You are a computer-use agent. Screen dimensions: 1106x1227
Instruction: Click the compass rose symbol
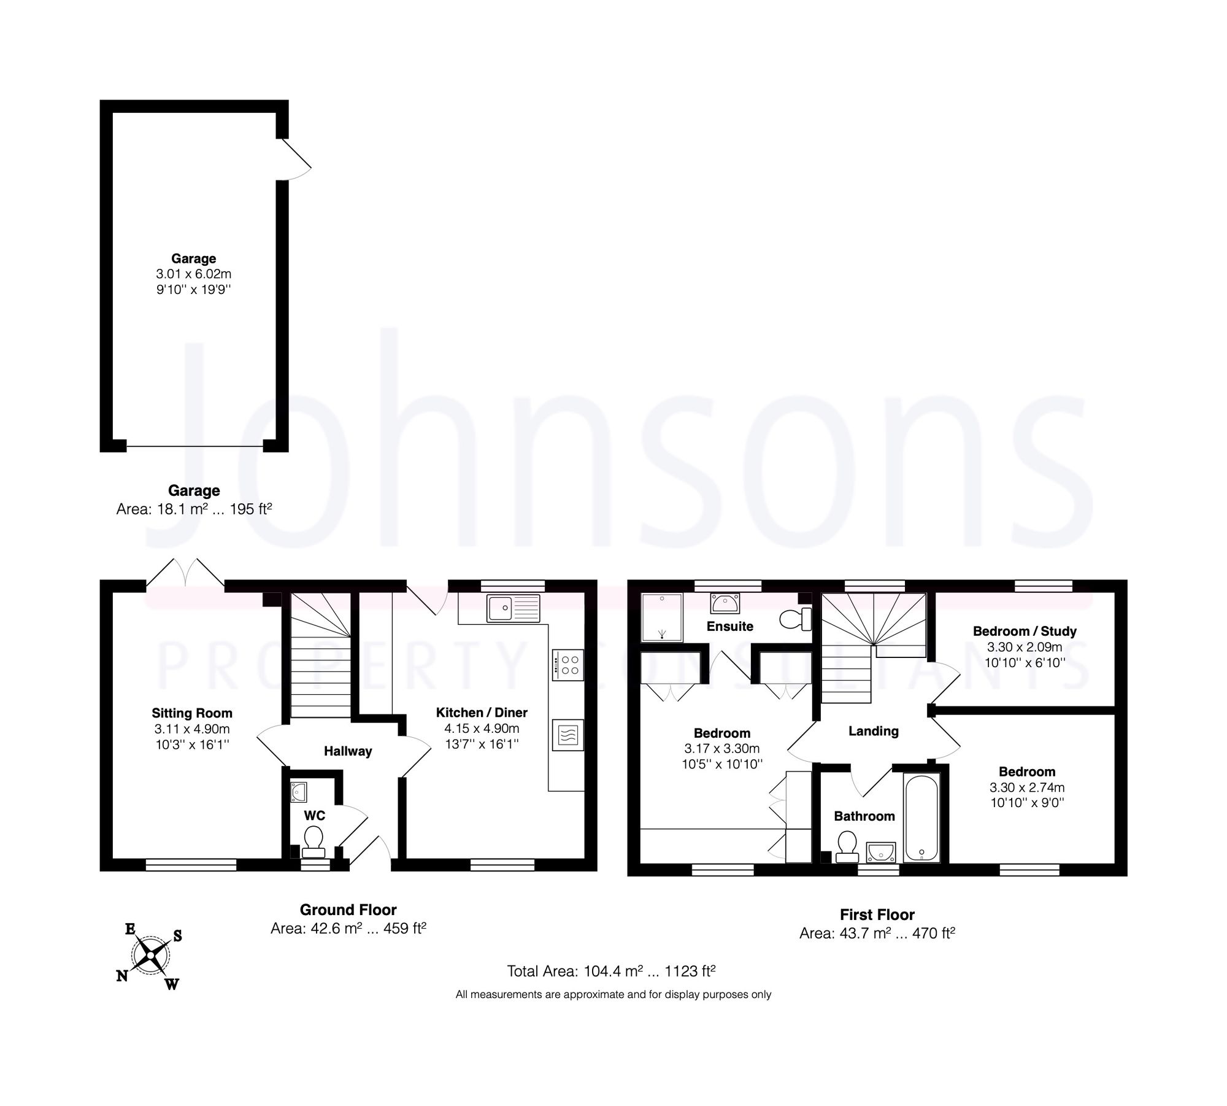[150, 956]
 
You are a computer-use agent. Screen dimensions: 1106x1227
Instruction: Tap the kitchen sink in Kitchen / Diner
[513, 608]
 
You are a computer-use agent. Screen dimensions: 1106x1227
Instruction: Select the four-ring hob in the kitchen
[568, 665]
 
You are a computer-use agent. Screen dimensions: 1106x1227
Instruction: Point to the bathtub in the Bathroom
[921, 818]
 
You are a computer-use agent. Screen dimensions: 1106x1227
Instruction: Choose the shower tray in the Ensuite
[661, 617]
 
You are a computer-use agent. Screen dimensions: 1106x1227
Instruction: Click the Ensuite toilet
[796, 620]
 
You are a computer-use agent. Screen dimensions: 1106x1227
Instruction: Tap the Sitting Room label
[192, 713]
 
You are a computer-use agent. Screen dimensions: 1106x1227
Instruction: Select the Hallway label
[348, 751]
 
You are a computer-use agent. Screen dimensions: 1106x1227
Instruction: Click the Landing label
[873, 731]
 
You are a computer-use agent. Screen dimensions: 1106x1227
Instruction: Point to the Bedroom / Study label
[1025, 631]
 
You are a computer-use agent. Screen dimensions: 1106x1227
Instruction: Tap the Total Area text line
[611, 971]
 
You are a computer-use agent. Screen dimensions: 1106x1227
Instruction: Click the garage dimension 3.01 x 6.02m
[193, 274]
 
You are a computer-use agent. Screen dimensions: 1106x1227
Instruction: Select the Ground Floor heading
[348, 910]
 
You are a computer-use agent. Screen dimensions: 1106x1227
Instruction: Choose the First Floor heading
[877, 915]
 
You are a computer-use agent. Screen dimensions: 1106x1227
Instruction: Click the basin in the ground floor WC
[298, 792]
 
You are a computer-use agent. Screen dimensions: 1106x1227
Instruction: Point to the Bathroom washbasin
[881, 852]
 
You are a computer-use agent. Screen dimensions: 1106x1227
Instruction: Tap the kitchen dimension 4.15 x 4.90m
[482, 729]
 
